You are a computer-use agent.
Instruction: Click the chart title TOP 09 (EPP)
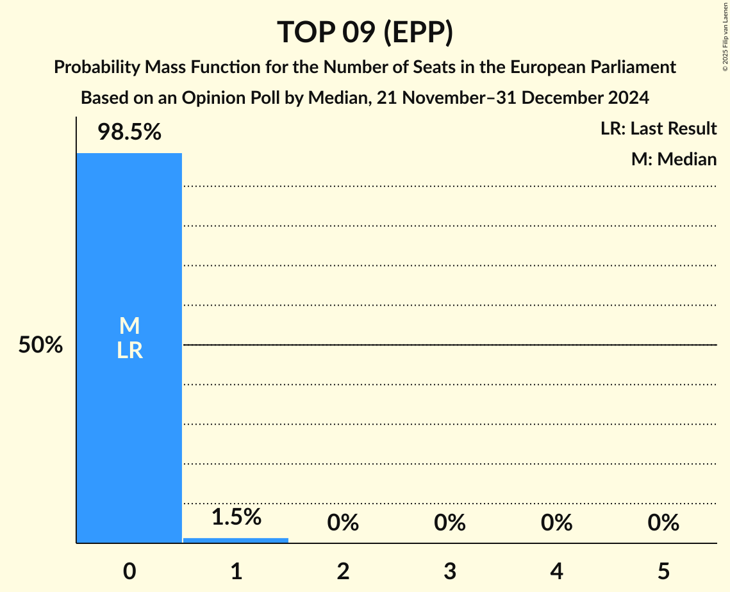[365, 33]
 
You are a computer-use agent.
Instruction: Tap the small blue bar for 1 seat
[236, 540]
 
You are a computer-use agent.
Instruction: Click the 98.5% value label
[129, 133]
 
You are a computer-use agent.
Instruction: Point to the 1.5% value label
[236, 517]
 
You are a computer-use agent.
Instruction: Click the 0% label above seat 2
[343, 523]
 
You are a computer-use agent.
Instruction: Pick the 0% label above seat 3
[449, 523]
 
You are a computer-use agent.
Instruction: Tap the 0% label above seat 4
[556, 523]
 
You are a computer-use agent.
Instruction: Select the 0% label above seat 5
[663, 523]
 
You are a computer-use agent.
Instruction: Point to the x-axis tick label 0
[129, 571]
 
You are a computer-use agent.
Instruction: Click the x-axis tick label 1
[236, 571]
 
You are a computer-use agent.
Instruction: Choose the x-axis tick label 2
[343, 571]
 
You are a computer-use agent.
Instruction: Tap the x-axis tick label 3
[449, 571]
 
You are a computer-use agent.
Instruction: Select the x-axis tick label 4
[556, 571]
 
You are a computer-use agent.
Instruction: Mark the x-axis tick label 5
[663, 571]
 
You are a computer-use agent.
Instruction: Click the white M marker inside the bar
[129, 326]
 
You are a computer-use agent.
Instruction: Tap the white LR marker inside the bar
[129, 350]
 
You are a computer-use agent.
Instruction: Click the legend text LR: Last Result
[658, 129]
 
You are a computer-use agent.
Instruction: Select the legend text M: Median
[674, 159]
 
